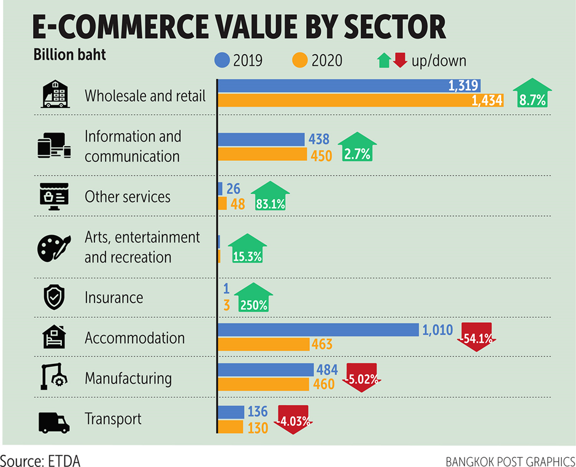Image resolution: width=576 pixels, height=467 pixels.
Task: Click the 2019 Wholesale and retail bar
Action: click(348, 86)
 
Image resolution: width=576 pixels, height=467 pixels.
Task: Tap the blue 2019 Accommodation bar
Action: click(318, 330)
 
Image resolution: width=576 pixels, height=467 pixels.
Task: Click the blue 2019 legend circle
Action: click(222, 60)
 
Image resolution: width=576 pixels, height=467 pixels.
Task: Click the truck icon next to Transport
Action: click(54, 422)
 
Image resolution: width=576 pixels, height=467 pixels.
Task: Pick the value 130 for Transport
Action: click(256, 428)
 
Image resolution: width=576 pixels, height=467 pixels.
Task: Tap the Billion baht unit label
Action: click(69, 55)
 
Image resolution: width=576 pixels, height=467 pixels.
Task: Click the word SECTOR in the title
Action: click(385, 28)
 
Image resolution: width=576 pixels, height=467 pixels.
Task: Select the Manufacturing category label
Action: click(128, 378)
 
